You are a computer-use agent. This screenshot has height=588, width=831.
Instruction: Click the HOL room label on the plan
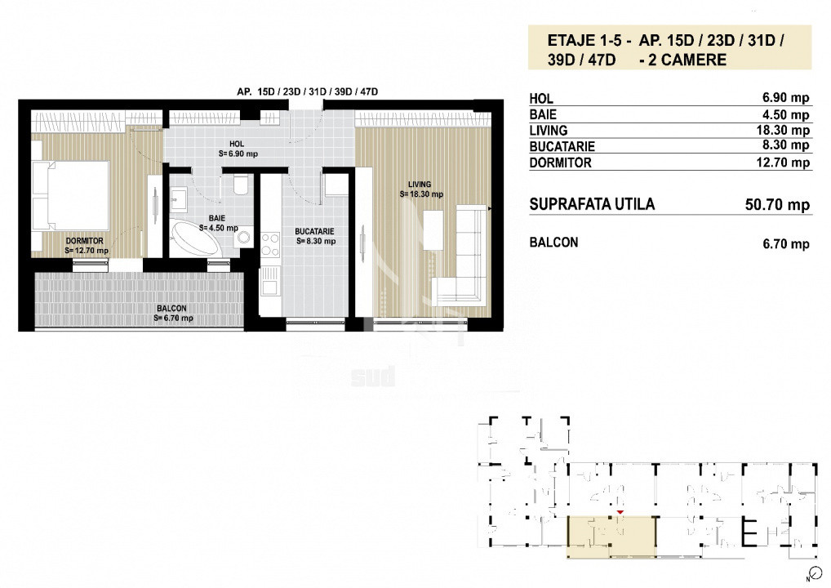237,144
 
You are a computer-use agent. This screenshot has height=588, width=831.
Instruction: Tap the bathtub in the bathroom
195,238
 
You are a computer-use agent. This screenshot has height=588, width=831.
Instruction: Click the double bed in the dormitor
70,196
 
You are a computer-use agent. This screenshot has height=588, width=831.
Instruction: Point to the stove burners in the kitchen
270,245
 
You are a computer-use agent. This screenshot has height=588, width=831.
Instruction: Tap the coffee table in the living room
433,230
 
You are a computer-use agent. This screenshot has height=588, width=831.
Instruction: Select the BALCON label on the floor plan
171,308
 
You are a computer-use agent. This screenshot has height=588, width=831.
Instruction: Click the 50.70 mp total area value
777,205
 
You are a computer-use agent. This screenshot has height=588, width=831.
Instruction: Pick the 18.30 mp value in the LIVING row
783,131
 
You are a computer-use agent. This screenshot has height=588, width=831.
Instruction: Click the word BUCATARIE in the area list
562,146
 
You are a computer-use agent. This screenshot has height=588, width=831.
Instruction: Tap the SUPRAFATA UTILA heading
592,204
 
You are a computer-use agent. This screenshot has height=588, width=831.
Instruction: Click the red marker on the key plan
620,512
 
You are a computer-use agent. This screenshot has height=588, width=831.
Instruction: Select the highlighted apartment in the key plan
611,537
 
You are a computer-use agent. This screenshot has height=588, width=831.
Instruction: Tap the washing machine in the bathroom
243,237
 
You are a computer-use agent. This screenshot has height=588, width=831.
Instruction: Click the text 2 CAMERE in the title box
687,60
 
